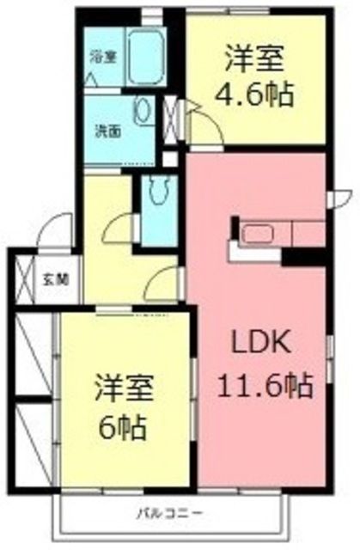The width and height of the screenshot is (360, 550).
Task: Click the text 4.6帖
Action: coord(259,92)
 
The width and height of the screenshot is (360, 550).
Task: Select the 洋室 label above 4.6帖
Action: coord(255,59)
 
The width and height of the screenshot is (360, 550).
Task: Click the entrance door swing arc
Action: coord(58,231)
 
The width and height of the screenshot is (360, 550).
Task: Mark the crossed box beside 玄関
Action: coord(21,277)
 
